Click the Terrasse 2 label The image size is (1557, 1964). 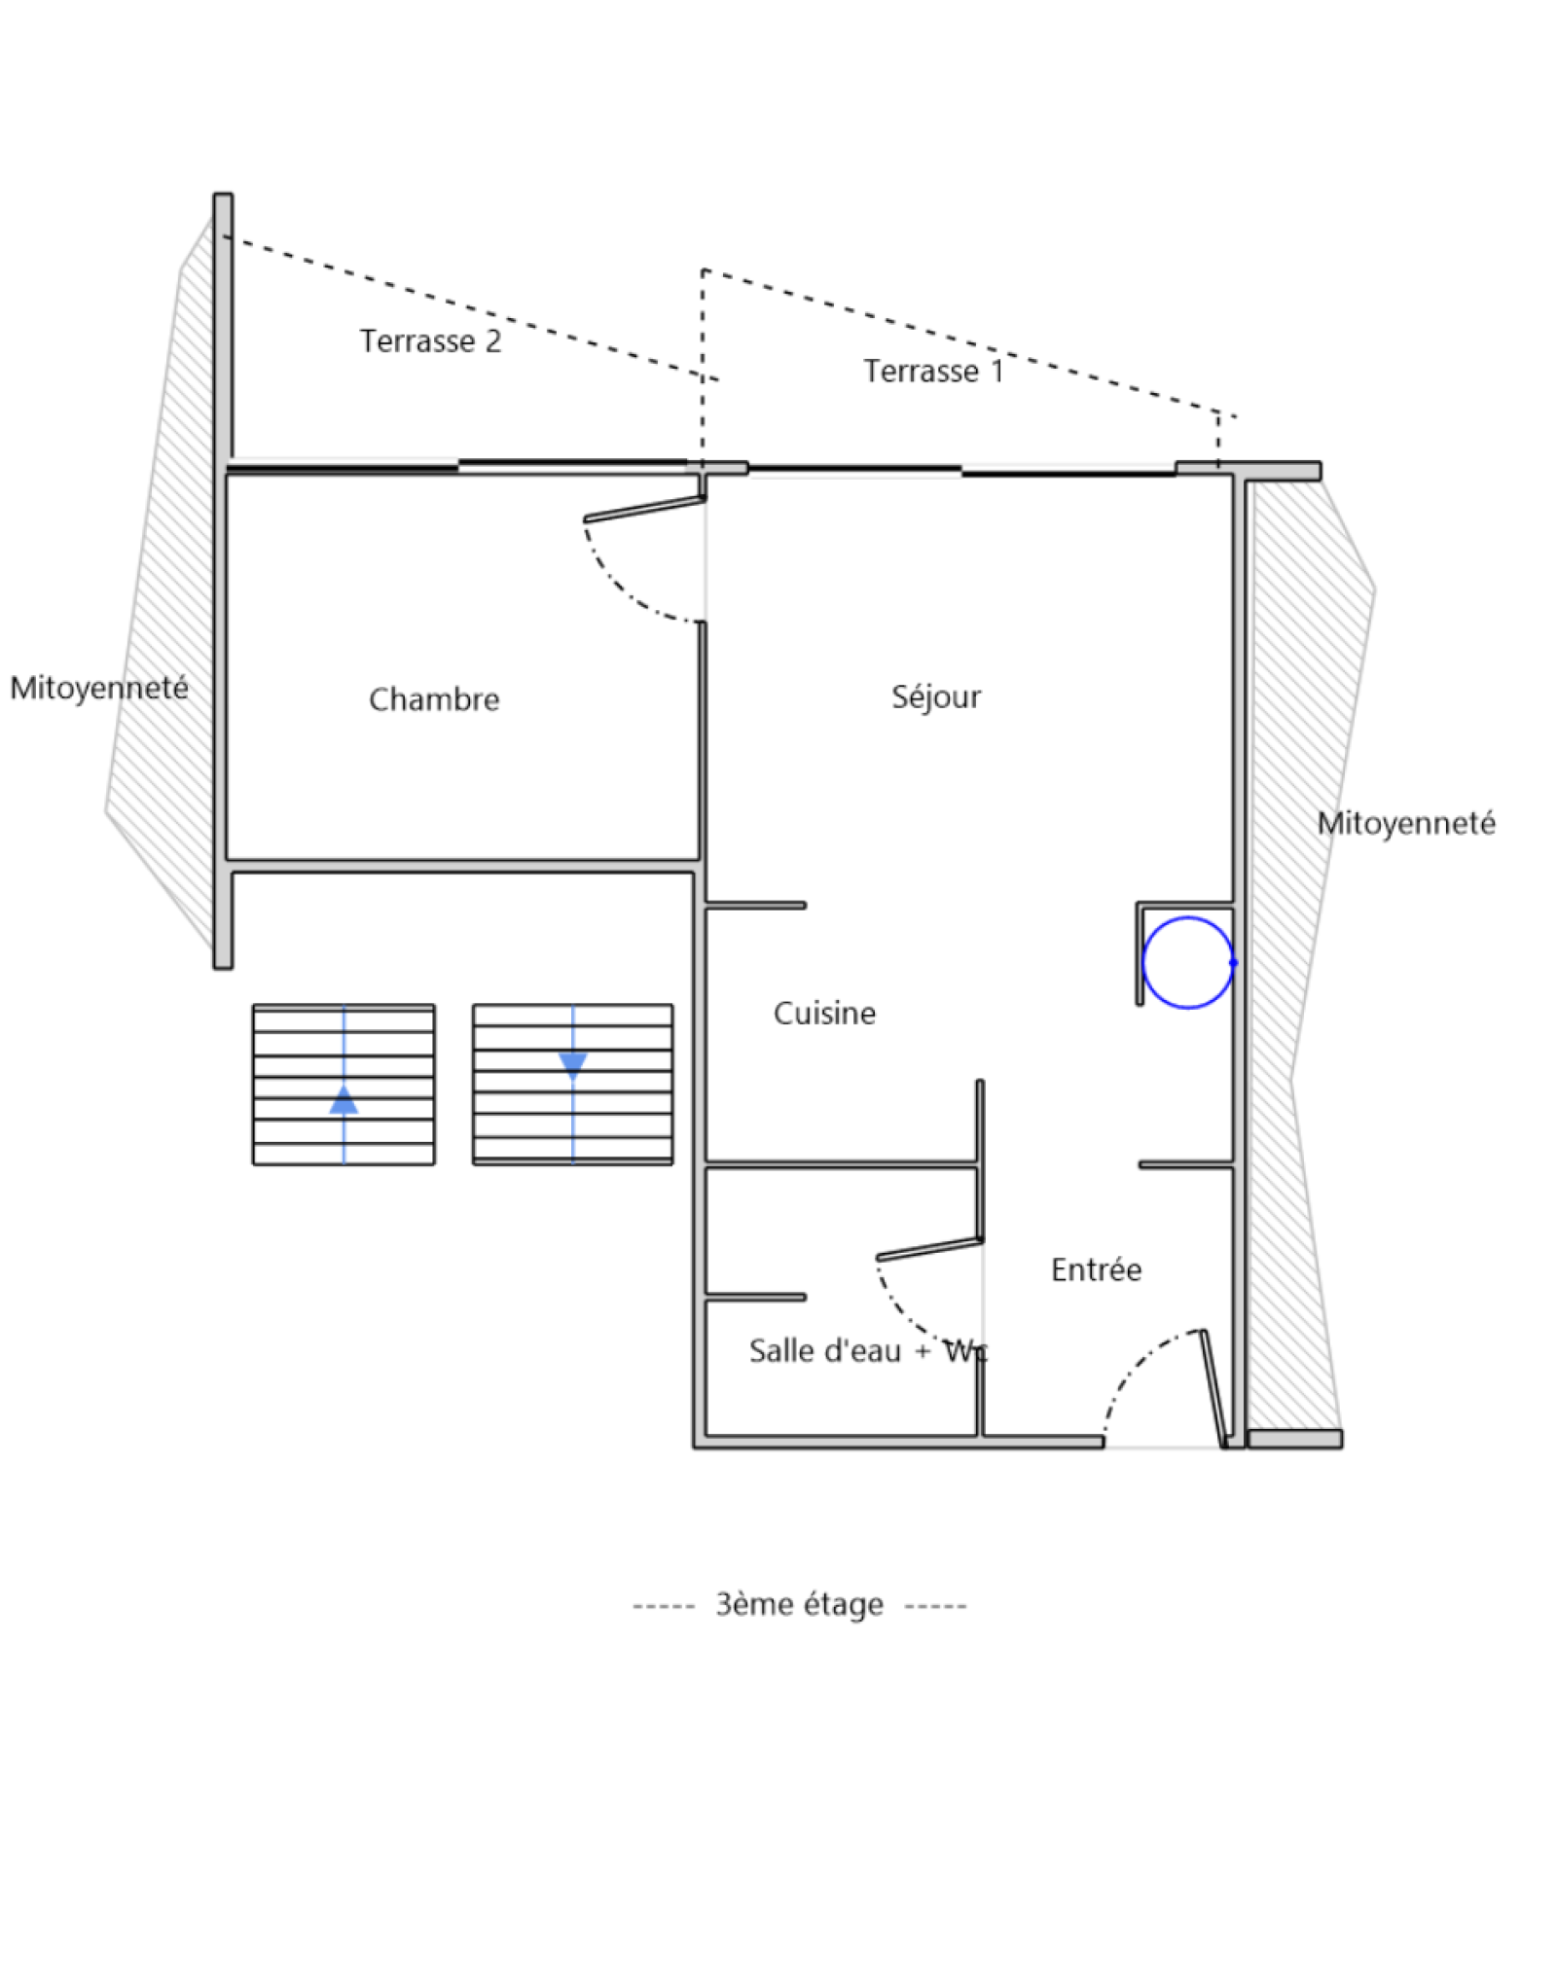430,341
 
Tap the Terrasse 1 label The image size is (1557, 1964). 932,372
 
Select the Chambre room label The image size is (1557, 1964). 434,699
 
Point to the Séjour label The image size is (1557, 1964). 935,696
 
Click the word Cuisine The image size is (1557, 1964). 824,1014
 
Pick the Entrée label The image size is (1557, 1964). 1096,1269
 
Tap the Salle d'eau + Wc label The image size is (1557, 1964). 867,1351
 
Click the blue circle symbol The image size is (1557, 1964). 1186,962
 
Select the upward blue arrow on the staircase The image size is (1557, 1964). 344,1100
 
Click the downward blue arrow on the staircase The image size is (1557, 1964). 572,1065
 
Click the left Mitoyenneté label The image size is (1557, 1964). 99,688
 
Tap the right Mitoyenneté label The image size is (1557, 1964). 1405,823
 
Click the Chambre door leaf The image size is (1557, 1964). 644,510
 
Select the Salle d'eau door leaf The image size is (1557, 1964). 929,1250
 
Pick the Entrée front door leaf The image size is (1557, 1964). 1213,1388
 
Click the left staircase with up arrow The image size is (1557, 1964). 292,1085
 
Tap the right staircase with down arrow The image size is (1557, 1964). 623,1085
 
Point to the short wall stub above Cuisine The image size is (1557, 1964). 756,906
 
